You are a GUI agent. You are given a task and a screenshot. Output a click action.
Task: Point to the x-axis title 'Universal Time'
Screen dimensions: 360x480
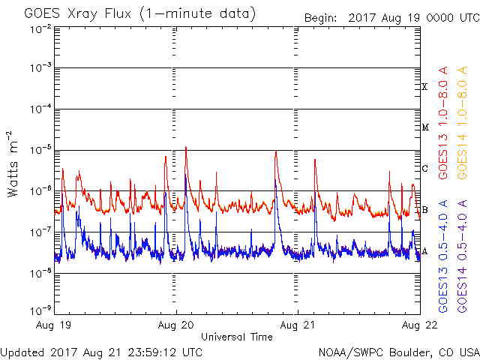point(236,337)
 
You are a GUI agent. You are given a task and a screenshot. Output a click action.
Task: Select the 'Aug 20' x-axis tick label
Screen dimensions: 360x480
point(177,326)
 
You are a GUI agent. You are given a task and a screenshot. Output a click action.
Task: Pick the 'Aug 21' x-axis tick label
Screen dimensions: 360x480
point(298,326)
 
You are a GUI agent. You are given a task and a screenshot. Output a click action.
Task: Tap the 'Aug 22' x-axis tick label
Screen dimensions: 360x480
point(418,326)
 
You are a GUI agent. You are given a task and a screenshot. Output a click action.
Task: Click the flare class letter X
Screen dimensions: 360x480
point(424,87)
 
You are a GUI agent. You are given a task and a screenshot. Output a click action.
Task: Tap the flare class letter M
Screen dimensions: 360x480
point(424,127)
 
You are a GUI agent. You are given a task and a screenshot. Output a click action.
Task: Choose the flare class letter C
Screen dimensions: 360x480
point(424,168)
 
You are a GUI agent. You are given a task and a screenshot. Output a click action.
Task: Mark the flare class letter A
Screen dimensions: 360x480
point(424,250)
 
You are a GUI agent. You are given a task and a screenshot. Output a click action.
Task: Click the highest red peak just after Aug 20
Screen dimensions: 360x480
point(185,148)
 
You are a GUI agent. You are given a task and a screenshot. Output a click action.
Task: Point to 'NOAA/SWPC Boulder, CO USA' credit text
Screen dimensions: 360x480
point(399,352)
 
